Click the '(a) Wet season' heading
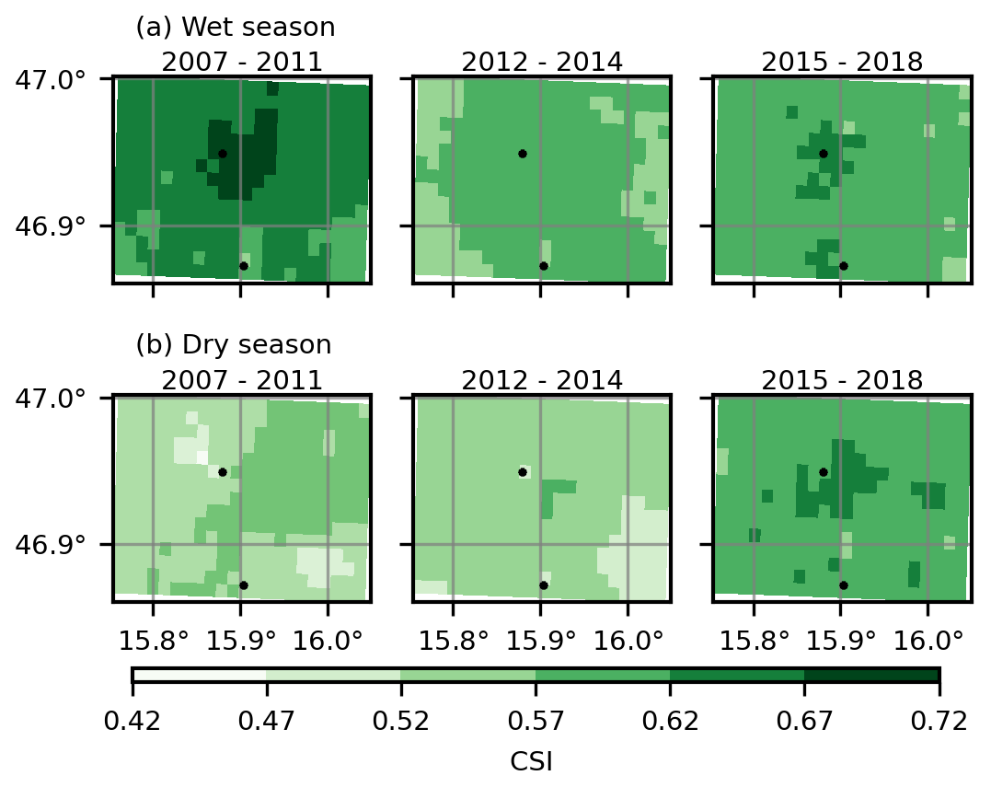(236, 28)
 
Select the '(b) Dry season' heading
(234, 345)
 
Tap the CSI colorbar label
(531, 762)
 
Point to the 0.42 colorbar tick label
(133, 720)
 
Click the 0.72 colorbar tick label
(939, 720)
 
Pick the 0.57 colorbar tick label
(536, 720)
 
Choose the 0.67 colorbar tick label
(804, 720)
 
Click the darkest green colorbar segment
(871, 676)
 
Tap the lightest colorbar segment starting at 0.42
(200, 676)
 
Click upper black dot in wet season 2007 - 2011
(223, 154)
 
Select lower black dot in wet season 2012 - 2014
(544, 266)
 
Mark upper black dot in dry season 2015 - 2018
(824, 472)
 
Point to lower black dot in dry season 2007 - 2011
(244, 585)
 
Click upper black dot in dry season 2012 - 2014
(523, 472)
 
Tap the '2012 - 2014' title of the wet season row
(542, 63)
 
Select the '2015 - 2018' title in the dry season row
(842, 380)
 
